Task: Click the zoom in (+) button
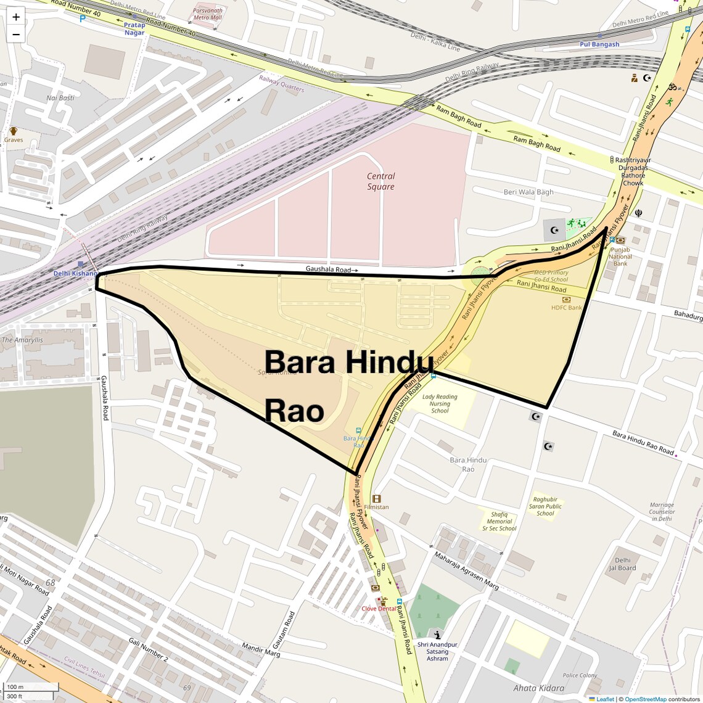(16, 17)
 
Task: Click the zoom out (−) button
(16, 35)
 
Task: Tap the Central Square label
(380, 181)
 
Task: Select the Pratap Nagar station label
(134, 29)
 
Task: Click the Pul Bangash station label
(599, 44)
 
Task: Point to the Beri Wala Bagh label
(528, 192)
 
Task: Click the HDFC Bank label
(566, 307)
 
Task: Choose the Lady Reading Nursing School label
(440, 404)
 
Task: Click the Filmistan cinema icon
(376, 498)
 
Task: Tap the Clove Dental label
(379, 609)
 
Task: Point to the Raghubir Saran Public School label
(545, 506)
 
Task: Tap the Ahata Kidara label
(538, 688)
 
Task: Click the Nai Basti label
(60, 98)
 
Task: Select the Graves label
(14, 140)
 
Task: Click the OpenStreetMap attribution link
(645, 699)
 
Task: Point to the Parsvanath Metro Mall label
(207, 14)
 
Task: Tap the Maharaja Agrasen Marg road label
(466, 570)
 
